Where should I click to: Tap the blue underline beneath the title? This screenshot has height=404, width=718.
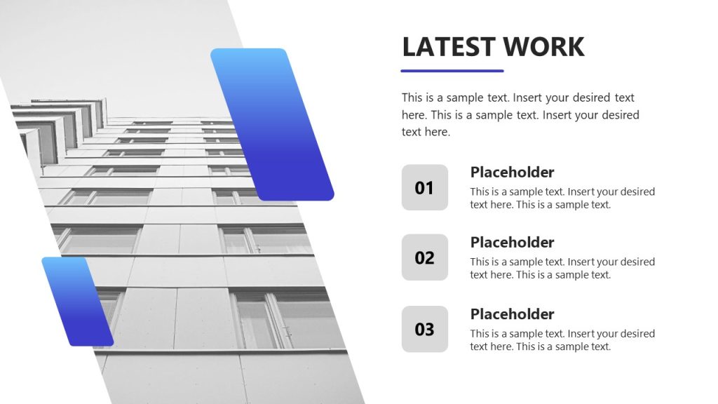[452, 71]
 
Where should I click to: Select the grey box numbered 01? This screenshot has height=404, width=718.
[425, 187]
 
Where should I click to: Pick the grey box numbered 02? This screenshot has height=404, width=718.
[425, 257]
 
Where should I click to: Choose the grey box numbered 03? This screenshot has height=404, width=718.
[425, 329]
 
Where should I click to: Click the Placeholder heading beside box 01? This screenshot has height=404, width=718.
[512, 173]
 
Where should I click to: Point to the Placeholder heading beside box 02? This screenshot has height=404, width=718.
[512, 243]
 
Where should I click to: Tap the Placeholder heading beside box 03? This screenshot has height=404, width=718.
[512, 314]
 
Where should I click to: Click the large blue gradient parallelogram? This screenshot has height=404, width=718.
[272, 124]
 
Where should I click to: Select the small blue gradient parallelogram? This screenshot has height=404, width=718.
[77, 302]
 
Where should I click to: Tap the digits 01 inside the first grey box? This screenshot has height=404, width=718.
[425, 188]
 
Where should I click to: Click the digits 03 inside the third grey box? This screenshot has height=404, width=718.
[425, 330]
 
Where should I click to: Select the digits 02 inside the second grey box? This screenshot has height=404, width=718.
[425, 258]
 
